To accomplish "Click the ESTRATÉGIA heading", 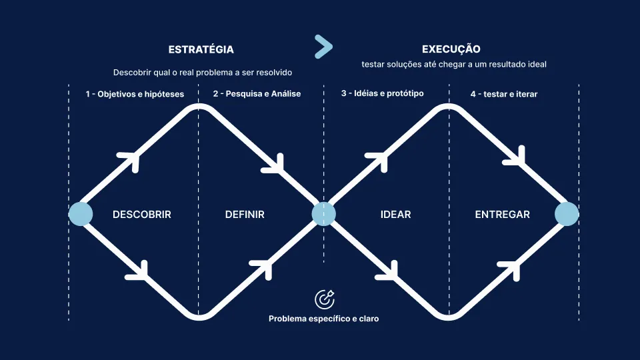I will tap(201, 49).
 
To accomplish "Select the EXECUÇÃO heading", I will tap(451, 49).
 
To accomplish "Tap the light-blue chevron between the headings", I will tap(323, 46).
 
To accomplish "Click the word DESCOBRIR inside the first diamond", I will tap(142, 215).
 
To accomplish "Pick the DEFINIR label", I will tap(245, 215).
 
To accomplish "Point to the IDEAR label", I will tap(395, 215).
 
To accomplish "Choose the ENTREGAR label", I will tap(502, 215).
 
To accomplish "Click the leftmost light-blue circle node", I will tap(81, 214).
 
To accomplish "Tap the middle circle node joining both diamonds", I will tap(324, 214).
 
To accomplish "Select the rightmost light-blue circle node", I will tap(567, 214).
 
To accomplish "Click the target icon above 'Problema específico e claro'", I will tap(324, 299).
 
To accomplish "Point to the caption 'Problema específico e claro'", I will tap(324, 319).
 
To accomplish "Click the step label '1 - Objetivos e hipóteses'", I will tap(135, 94).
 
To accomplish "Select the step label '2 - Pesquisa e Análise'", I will tap(257, 94).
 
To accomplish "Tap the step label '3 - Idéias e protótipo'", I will tap(383, 93).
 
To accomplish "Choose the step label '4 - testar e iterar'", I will tap(503, 94).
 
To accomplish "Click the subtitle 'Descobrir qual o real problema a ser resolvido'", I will tap(203, 72).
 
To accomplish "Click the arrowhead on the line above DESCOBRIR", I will tap(130, 159).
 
